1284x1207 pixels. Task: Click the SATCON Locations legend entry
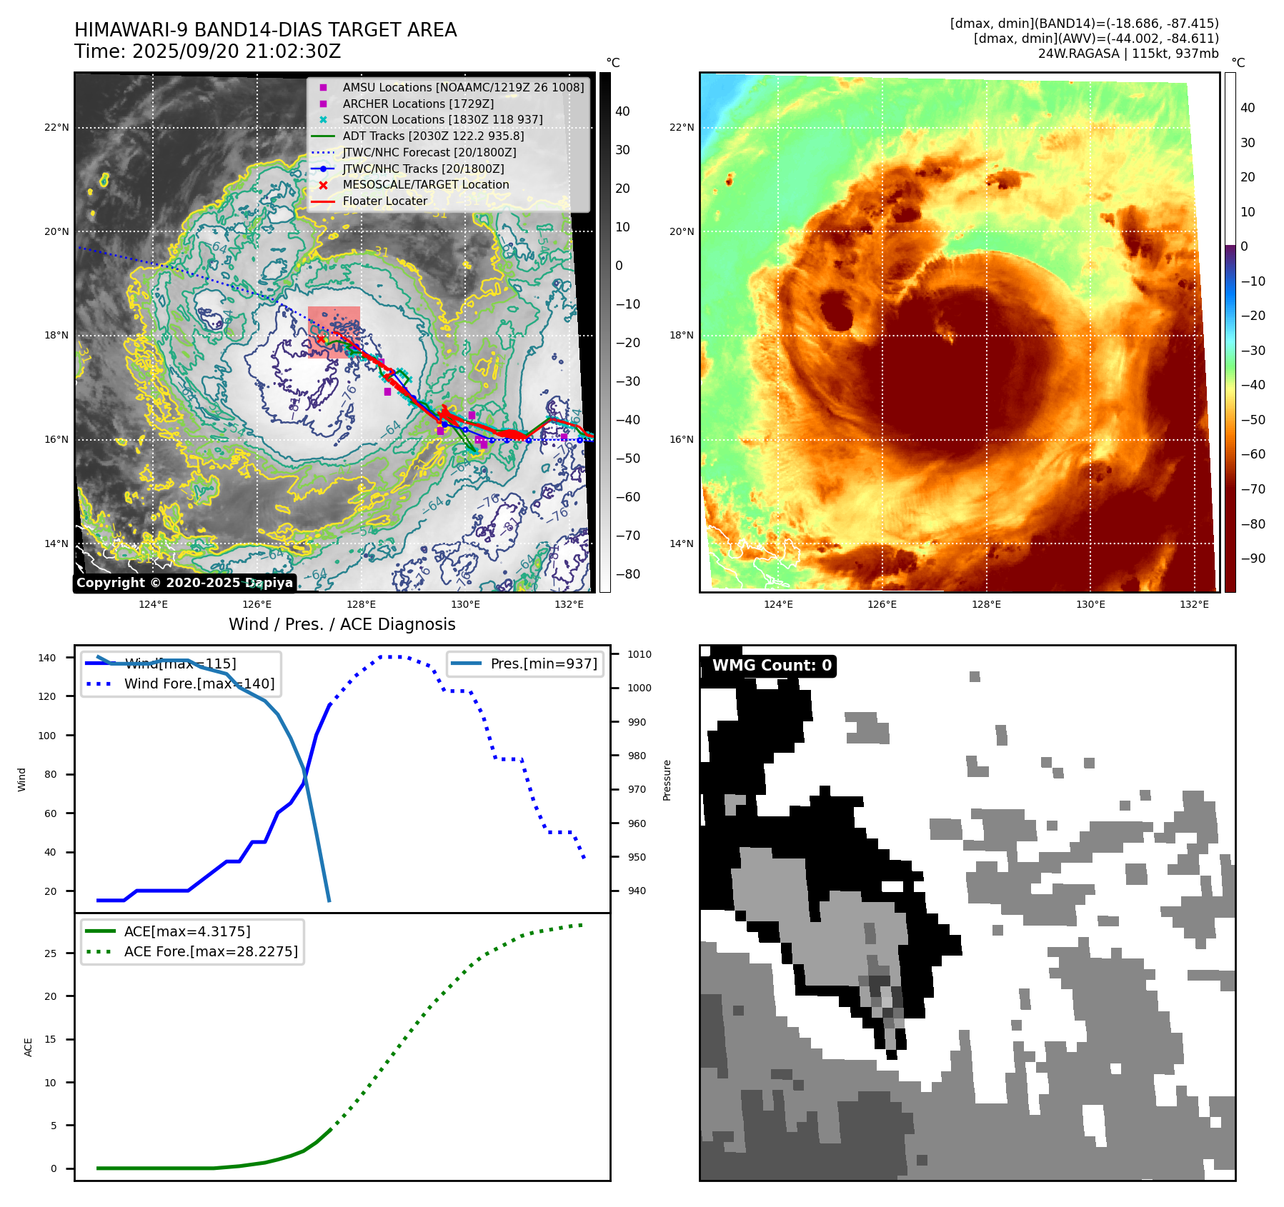(x=442, y=119)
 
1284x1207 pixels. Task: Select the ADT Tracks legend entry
(x=433, y=136)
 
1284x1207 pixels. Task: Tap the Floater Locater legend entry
(x=384, y=201)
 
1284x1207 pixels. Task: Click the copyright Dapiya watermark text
(x=184, y=583)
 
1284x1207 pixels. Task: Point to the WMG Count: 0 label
(x=772, y=666)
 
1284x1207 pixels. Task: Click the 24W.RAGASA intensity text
(x=1128, y=54)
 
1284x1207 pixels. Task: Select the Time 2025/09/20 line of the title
(x=208, y=51)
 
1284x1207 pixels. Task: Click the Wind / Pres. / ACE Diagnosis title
(x=342, y=624)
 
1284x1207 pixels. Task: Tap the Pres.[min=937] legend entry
(x=543, y=663)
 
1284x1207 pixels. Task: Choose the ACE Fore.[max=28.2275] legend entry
(x=211, y=951)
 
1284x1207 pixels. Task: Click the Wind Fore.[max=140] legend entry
(x=199, y=683)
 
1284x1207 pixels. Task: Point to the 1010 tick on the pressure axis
(x=639, y=654)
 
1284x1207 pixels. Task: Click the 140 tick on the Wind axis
(x=47, y=658)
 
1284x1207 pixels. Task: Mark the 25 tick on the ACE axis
(x=50, y=953)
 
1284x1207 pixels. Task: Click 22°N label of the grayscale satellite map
(x=56, y=128)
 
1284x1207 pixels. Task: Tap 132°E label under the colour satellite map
(x=1194, y=604)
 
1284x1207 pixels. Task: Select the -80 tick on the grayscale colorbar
(x=627, y=574)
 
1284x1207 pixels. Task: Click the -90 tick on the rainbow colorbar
(x=1253, y=559)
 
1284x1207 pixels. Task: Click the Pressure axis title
(x=667, y=780)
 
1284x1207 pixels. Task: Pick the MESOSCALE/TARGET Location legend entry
(x=425, y=184)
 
